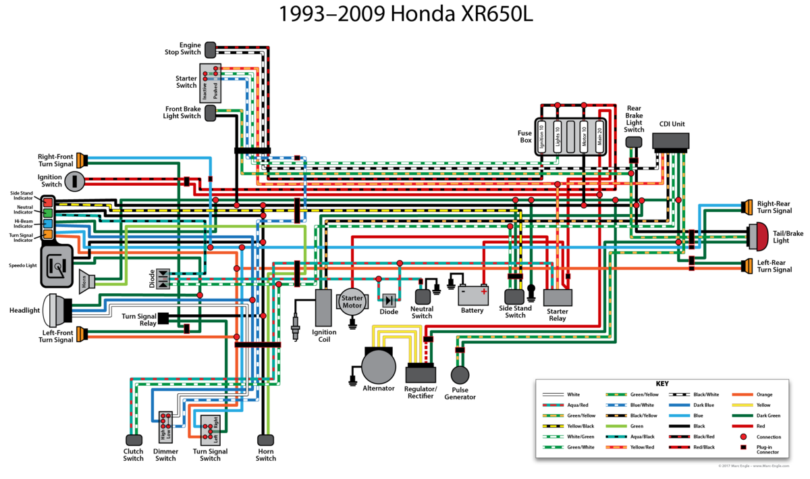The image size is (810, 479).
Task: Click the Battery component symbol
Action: coord(472,295)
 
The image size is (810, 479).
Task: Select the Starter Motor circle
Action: coord(352,302)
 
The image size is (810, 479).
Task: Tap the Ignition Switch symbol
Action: coord(75,180)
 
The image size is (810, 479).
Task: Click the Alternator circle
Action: coord(379,367)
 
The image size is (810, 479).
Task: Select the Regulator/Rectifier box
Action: coord(421,374)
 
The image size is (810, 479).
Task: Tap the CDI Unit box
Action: coord(670,141)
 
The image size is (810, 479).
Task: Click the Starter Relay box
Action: coord(558,297)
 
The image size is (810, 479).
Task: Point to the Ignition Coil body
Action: coord(324,308)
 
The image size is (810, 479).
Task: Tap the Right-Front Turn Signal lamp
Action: coord(82,160)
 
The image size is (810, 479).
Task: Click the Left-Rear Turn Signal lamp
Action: coord(746,266)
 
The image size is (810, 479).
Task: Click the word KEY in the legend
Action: coord(661,383)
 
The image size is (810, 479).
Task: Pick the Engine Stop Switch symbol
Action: coord(210,49)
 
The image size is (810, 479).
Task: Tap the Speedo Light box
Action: coord(57,265)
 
